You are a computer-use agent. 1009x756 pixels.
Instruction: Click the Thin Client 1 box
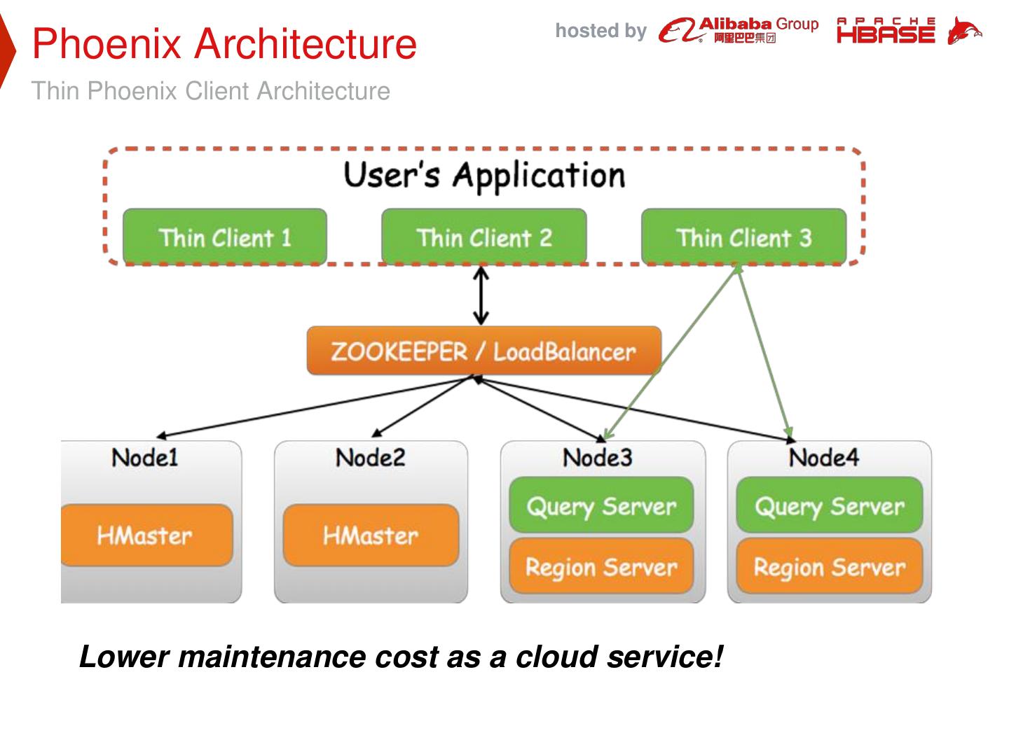coord(225,237)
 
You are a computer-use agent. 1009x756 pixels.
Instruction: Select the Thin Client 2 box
coord(483,237)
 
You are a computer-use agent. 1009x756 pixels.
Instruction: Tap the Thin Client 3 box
coord(743,237)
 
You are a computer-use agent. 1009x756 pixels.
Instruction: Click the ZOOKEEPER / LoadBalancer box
coord(483,351)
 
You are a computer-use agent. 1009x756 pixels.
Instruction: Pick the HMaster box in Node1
coord(145,535)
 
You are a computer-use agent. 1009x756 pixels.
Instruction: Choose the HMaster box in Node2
coord(371,535)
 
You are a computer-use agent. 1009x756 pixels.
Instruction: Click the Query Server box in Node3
coord(601,505)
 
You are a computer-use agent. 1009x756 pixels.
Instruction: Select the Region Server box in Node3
coord(601,566)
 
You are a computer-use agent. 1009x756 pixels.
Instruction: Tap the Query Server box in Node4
coord(829,505)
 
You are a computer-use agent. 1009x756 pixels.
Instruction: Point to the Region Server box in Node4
coord(829,566)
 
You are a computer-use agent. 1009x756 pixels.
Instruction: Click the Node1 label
coord(145,458)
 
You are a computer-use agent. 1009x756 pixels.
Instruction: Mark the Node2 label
coord(371,458)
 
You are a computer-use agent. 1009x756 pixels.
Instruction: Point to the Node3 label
coord(598,458)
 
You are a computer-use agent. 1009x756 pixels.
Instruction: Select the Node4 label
coord(824,458)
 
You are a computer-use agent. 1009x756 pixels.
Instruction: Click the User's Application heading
coord(483,174)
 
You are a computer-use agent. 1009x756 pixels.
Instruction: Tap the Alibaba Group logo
coord(739,30)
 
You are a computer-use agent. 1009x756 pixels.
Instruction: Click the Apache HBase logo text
coord(886,31)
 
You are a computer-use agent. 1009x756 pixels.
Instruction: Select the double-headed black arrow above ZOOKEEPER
coord(481,296)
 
